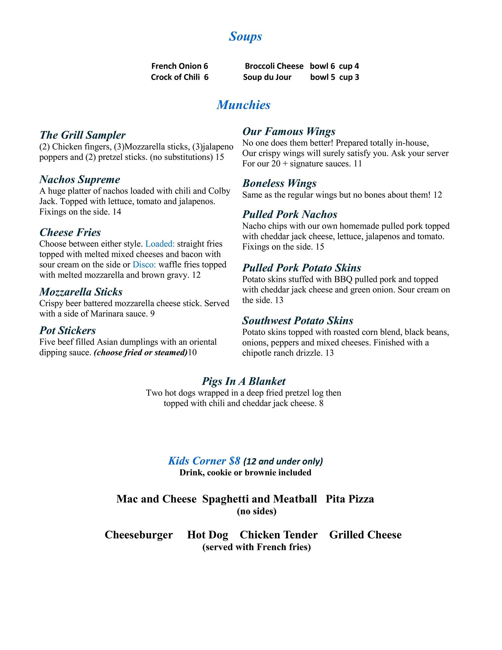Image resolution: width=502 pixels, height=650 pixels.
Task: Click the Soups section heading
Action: click(x=245, y=36)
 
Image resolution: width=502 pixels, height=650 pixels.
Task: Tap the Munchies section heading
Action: click(x=243, y=105)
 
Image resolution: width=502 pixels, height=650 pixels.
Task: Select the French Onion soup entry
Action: click(x=179, y=66)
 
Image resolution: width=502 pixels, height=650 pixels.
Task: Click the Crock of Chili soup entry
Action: click(x=179, y=77)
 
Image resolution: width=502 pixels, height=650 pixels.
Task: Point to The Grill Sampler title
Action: click(x=83, y=135)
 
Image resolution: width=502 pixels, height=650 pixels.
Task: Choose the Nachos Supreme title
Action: click(x=80, y=180)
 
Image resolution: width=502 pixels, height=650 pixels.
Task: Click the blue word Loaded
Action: click(x=160, y=244)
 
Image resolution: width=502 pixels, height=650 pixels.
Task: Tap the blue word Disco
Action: click(x=144, y=265)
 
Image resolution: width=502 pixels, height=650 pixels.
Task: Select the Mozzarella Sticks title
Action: click(x=81, y=292)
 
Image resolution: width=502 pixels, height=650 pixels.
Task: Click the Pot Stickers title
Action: click(x=68, y=331)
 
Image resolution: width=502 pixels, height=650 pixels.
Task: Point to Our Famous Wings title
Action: click(x=289, y=131)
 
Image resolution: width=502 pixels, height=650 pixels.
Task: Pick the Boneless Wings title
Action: click(x=279, y=183)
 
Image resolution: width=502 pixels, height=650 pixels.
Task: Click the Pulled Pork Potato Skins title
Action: click(x=301, y=268)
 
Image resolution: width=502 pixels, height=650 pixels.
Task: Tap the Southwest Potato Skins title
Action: click(x=298, y=321)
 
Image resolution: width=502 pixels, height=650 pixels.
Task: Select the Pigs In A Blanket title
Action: click(x=244, y=381)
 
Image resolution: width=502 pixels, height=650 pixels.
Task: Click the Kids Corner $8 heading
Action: click(x=204, y=461)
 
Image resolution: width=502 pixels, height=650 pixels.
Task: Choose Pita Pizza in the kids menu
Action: click(x=350, y=499)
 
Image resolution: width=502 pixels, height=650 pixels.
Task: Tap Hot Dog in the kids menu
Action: click(x=208, y=535)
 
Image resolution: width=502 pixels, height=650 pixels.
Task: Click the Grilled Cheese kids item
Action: click(x=365, y=535)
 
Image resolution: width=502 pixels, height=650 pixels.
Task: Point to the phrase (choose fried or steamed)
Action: click(x=141, y=353)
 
